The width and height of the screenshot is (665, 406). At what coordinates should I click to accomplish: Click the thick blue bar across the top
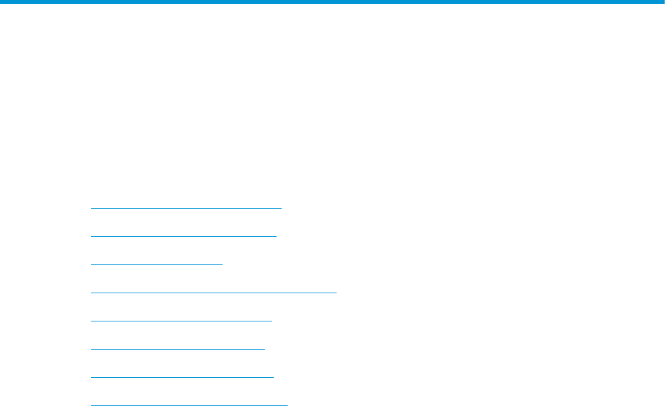pyautogui.click(x=332, y=3)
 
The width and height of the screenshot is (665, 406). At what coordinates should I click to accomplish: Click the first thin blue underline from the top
pyautogui.click(x=186, y=208)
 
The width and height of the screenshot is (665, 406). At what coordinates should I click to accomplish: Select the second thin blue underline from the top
pyautogui.click(x=184, y=236)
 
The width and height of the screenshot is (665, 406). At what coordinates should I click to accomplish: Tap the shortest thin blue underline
pyautogui.click(x=156, y=264)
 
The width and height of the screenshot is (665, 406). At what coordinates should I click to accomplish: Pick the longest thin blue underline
pyautogui.click(x=213, y=293)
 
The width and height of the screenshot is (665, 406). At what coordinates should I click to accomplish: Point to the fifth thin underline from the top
pyautogui.click(x=181, y=321)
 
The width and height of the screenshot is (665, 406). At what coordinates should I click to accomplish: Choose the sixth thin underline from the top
pyautogui.click(x=178, y=349)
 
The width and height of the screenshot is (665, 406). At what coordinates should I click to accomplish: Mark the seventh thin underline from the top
pyautogui.click(x=182, y=377)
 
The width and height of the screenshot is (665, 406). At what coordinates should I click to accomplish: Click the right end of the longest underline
pyautogui.click(x=336, y=293)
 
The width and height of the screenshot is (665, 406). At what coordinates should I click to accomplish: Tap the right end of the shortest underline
pyautogui.click(x=222, y=264)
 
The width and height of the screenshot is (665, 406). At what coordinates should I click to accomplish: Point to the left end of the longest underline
pyautogui.click(x=91, y=293)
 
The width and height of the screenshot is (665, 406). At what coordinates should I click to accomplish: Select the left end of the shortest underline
pyautogui.click(x=91, y=264)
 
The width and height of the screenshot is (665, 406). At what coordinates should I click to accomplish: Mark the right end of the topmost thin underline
pyautogui.click(x=282, y=208)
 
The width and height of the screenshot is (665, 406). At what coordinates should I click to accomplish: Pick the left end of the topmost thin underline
pyautogui.click(x=91, y=208)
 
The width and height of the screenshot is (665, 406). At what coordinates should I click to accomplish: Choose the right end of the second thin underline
pyautogui.click(x=276, y=236)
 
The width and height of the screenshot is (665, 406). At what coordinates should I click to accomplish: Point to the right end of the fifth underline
pyautogui.click(x=271, y=321)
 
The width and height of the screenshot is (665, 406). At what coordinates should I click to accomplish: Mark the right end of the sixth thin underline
pyautogui.click(x=265, y=349)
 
